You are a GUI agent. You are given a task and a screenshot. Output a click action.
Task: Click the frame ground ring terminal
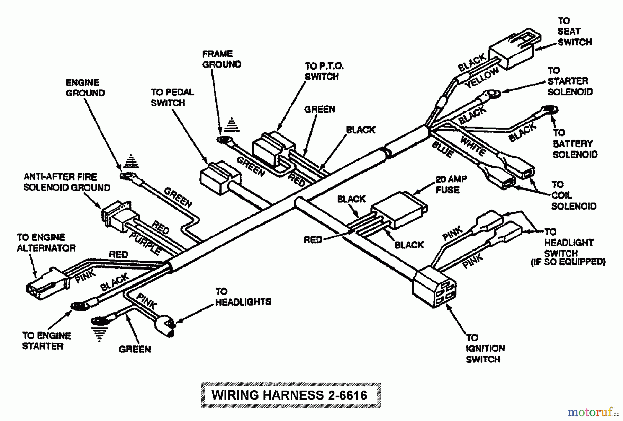pos(225,140)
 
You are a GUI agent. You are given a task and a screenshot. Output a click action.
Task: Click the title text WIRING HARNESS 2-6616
pos(290,395)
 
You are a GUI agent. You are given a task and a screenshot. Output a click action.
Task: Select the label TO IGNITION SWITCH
pos(485,349)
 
